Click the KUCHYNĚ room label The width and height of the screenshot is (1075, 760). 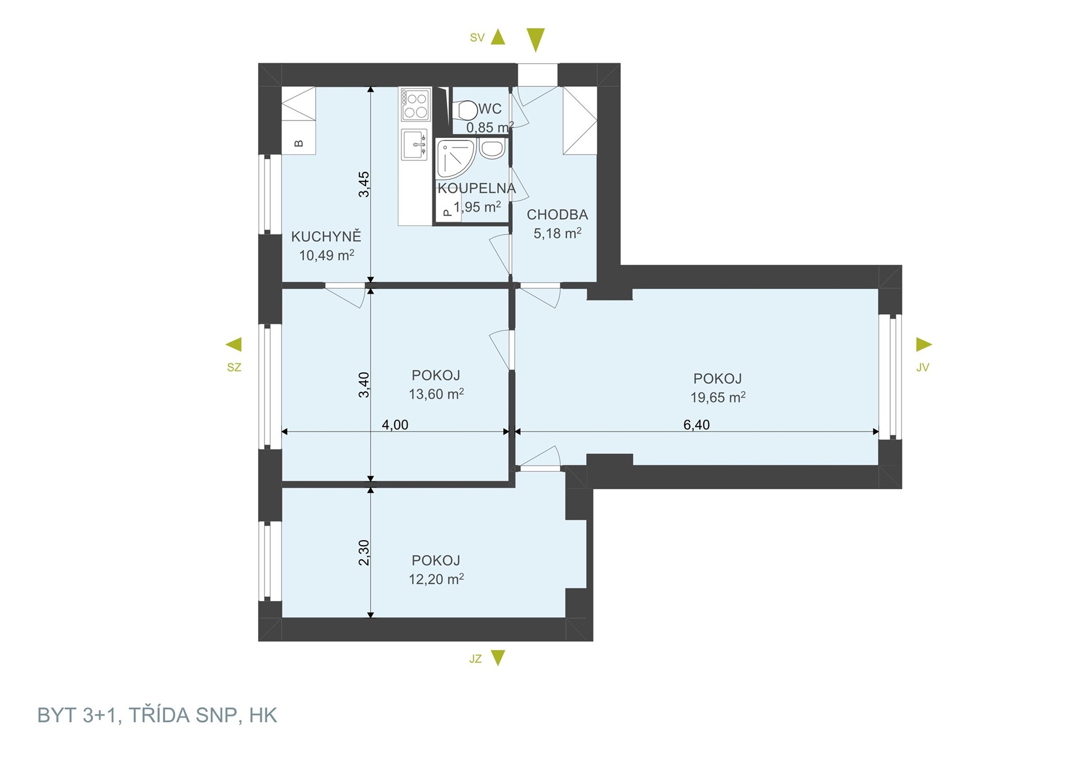(x=326, y=237)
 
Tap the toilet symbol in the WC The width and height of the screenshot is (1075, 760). (x=464, y=110)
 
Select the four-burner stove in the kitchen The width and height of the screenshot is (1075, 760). (x=415, y=105)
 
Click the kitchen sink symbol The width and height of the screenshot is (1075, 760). (x=414, y=144)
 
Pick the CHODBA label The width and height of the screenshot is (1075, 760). (x=557, y=215)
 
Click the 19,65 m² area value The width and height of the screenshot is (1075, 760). (x=717, y=397)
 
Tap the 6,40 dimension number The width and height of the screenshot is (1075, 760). (x=697, y=425)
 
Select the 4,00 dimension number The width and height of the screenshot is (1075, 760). (x=395, y=425)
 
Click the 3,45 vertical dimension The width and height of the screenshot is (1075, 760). (x=364, y=184)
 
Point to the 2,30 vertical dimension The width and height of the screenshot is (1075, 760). (x=364, y=552)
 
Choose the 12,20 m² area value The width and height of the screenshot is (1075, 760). (x=436, y=579)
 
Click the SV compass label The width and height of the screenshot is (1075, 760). (x=477, y=37)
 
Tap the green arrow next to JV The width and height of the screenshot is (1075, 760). (x=924, y=344)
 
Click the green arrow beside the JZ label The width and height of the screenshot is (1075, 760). (x=498, y=658)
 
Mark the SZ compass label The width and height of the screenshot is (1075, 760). (x=234, y=367)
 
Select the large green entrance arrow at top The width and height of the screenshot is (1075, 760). (x=536, y=40)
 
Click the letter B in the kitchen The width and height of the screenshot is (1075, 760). (x=299, y=143)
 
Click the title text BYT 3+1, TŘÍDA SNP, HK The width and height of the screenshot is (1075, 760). (x=157, y=715)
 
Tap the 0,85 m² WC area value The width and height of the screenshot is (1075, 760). (x=490, y=127)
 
